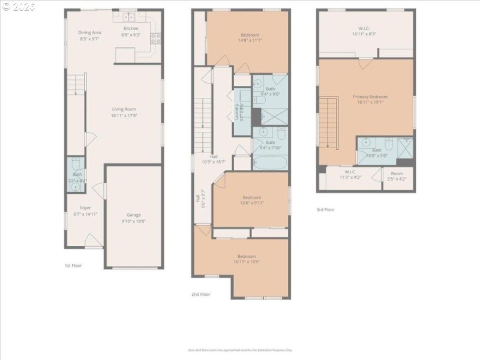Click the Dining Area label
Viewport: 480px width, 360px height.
pyautogui.click(x=89, y=32)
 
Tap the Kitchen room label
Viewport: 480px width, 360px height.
pyautogui.click(x=131, y=28)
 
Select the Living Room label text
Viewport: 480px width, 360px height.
pyautogui.click(x=124, y=109)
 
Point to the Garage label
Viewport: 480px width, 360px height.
pyautogui.click(x=133, y=214)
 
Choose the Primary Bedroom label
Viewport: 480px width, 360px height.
pyautogui.click(x=370, y=97)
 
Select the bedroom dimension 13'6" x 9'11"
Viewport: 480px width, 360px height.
pyautogui.click(x=253, y=203)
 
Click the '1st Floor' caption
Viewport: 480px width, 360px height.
pyautogui.click(x=73, y=265)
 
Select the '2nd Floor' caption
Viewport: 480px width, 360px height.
pyautogui.click(x=201, y=295)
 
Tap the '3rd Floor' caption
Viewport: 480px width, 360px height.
pyautogui.click(x=325, y=209)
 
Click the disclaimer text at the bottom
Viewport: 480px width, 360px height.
pyautogui.click(x=239, y=350)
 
